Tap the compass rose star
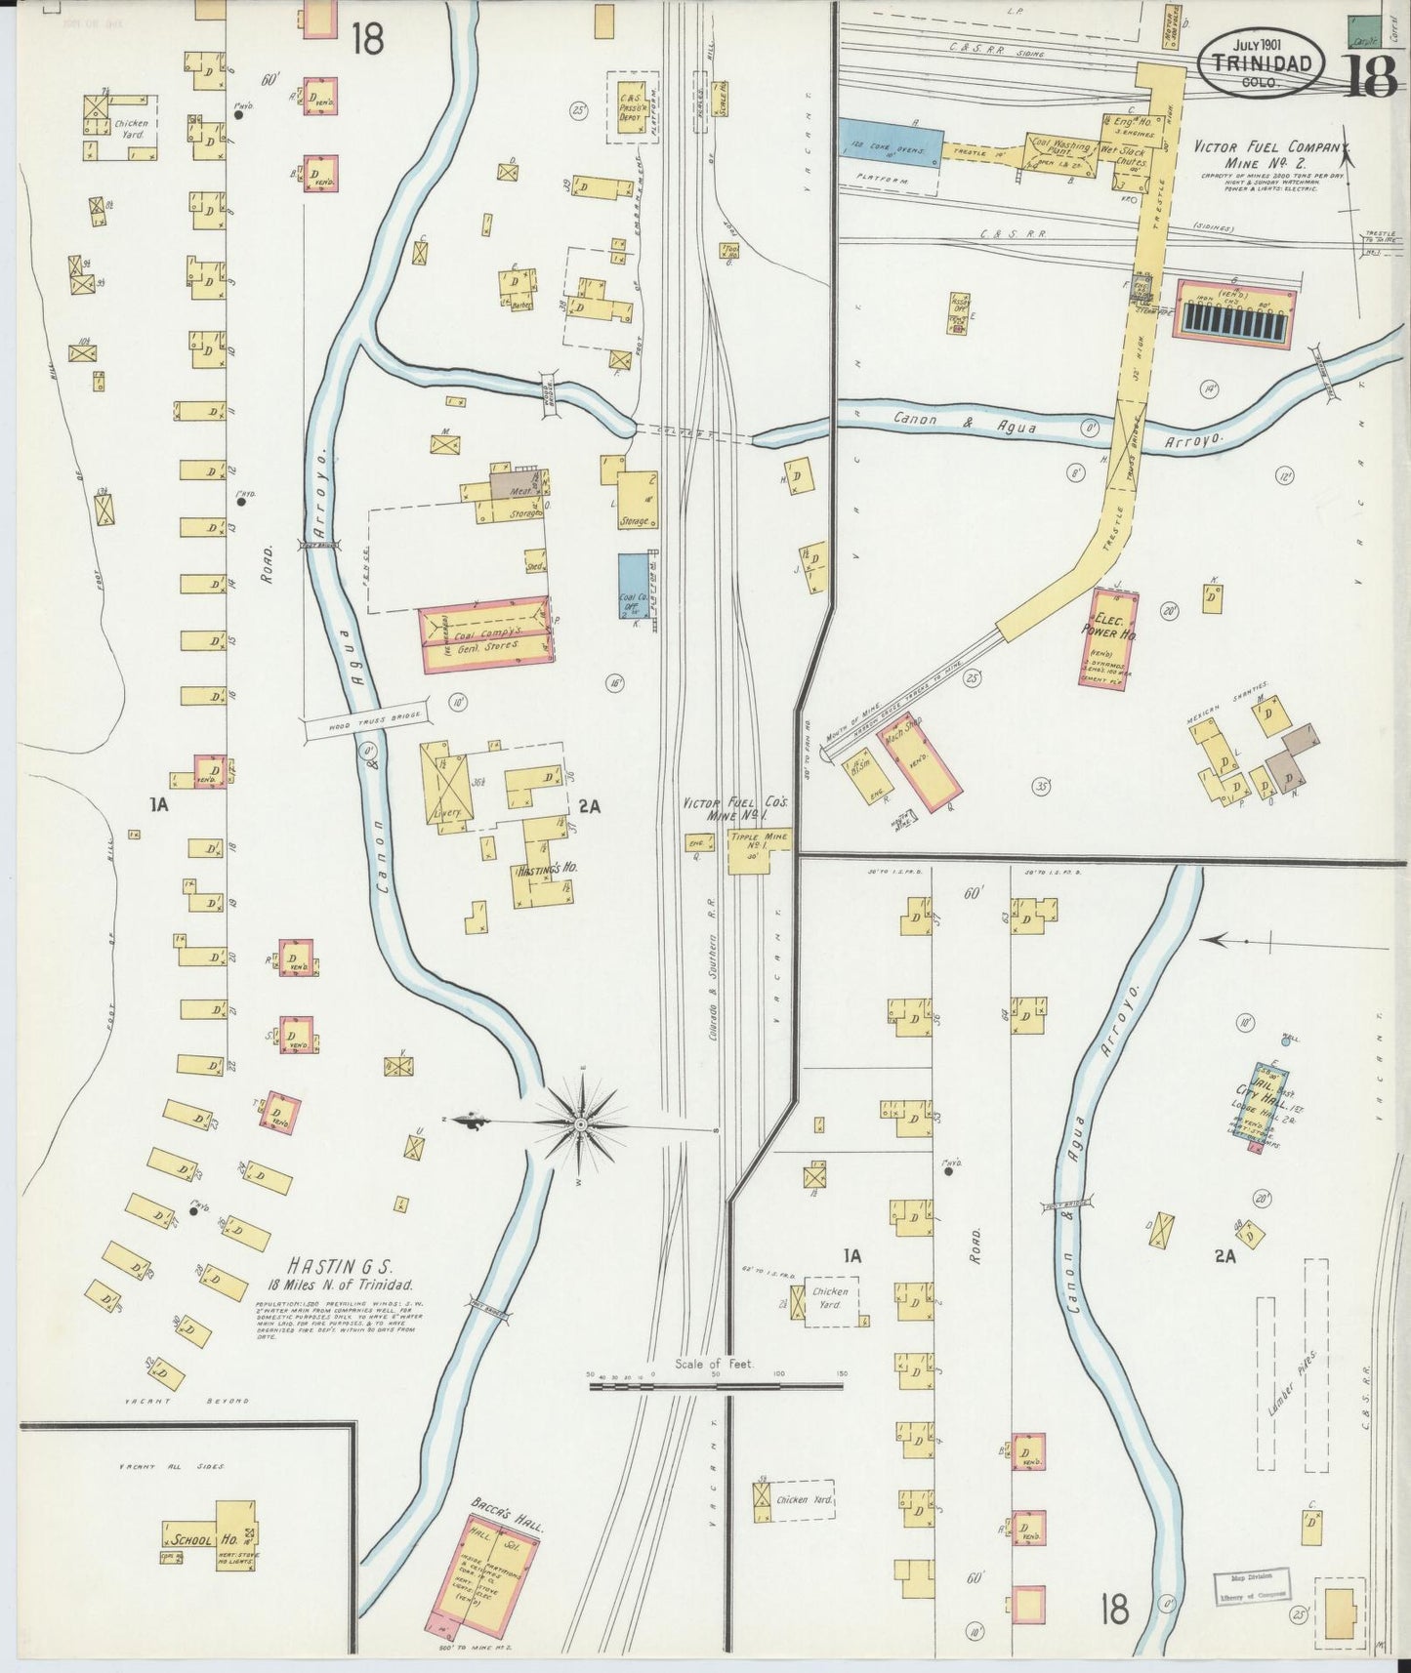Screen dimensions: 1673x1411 582,1123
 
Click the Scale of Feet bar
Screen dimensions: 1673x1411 717,1384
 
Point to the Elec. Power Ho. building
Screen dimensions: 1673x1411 1108,637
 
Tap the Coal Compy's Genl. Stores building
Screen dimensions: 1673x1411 484,635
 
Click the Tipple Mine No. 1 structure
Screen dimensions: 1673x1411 759,848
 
